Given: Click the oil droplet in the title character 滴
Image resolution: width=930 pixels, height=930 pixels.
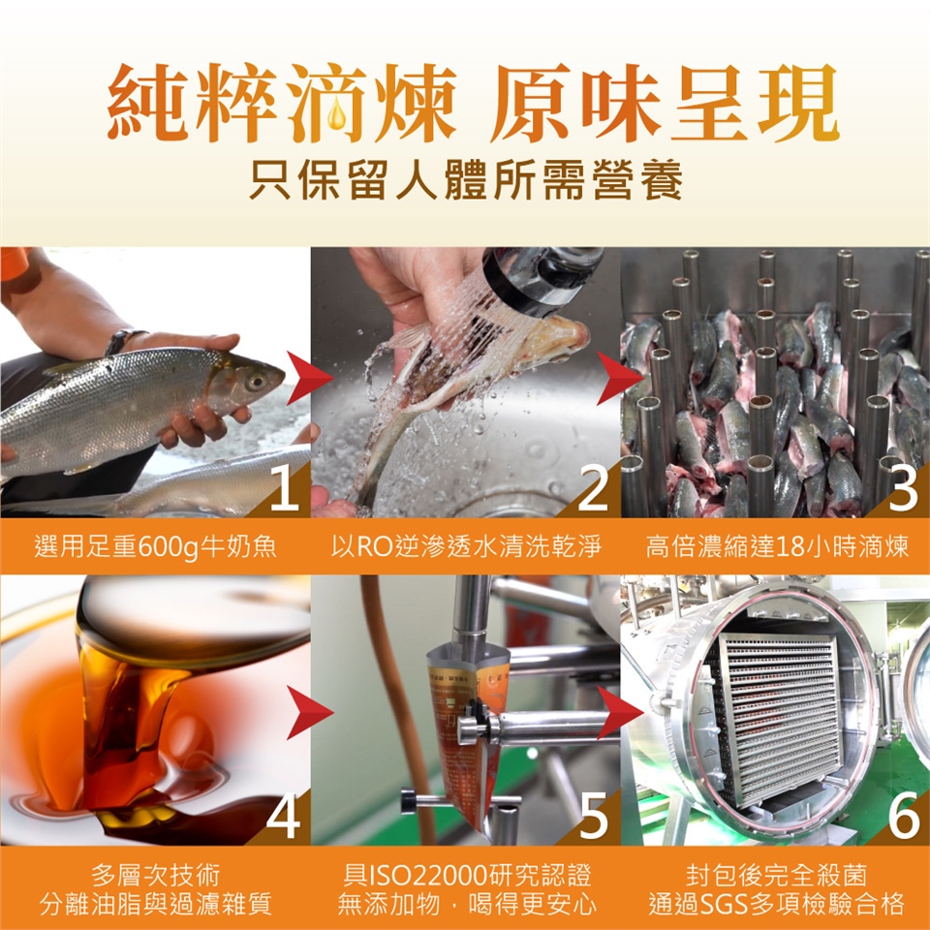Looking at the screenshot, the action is point(337,112).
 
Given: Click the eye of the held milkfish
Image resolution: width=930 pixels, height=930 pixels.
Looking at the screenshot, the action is point(256,381).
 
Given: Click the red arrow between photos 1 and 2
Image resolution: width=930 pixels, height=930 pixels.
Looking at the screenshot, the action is point(308,378).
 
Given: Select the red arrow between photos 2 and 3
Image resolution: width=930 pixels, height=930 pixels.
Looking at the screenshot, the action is point(618,378).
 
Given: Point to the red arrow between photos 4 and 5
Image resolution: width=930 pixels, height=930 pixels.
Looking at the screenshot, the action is point(308,712).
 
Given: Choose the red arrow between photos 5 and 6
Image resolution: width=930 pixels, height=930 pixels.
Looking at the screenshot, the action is point(618,712).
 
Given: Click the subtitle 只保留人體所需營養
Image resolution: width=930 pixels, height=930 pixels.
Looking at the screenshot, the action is point(466,179).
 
